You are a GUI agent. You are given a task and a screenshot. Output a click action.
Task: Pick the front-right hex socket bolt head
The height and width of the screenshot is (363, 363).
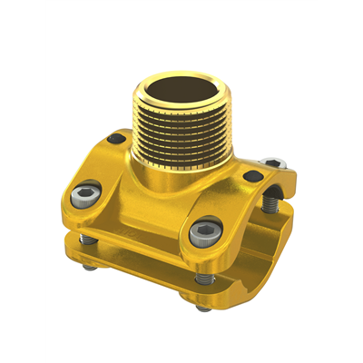coord(201,233)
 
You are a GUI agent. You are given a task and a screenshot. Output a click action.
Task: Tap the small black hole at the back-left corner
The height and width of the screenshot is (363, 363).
coord(116,139)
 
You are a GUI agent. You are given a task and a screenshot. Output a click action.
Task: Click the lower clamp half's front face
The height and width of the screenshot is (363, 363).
coord(136,268)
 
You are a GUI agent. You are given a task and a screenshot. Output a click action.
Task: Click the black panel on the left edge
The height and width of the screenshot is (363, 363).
coord(23,181)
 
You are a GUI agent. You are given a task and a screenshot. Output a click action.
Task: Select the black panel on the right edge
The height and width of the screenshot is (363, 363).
coord(340,181)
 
